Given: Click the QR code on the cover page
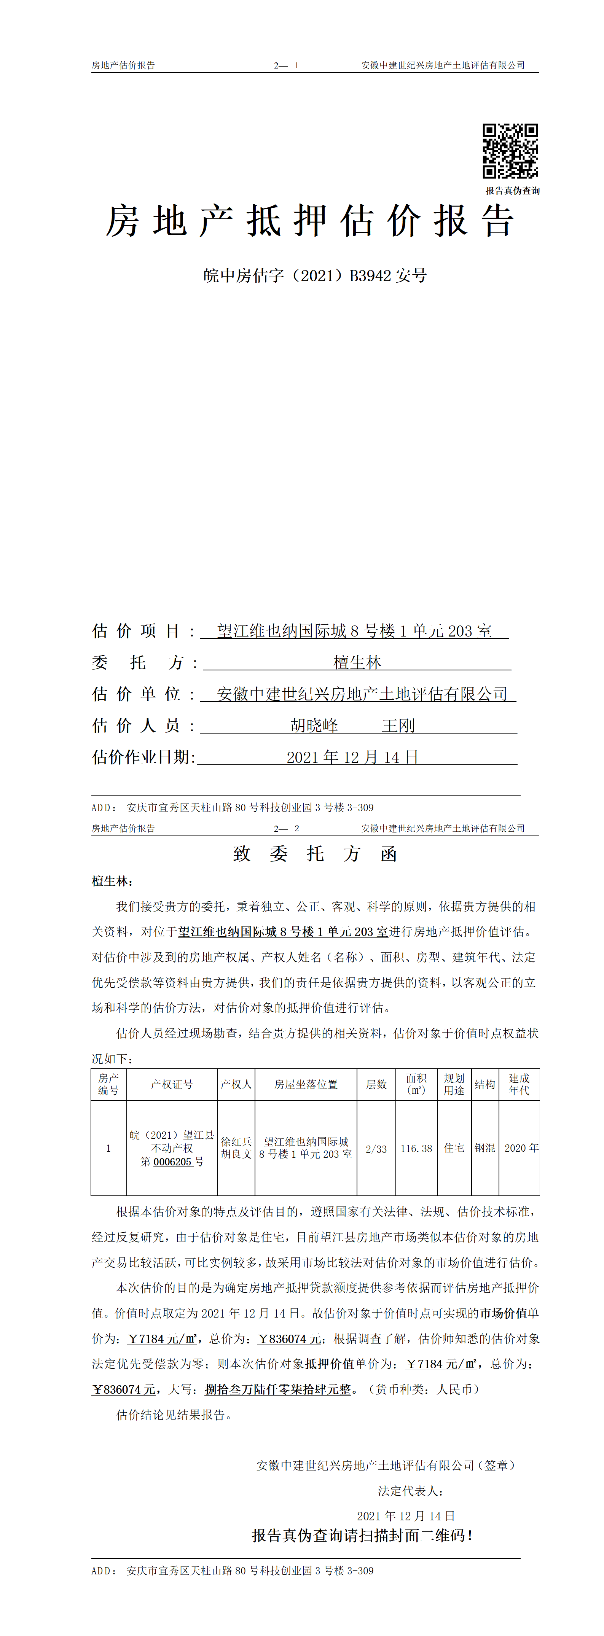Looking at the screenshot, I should coord(510,151).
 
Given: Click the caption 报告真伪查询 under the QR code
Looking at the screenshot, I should coord(513,191).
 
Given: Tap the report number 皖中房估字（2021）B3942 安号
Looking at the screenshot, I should coord(315,275).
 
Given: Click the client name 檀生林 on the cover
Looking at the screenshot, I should coord(357,662).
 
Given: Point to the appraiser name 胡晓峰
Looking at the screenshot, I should coord(314,725).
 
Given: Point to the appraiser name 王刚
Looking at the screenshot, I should coord(398,725).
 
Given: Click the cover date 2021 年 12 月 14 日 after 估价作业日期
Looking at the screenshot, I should coord(352,757).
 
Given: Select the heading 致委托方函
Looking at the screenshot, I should coord(315,853).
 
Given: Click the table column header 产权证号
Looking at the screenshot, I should coord(172,1084).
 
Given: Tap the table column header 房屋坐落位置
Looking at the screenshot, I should coord(306,1084).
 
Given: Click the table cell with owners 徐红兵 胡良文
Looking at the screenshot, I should coord(236,1148).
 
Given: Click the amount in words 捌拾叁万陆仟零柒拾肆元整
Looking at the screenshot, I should coord(277,1389).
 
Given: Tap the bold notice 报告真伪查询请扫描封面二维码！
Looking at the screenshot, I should coord(362,1536).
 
